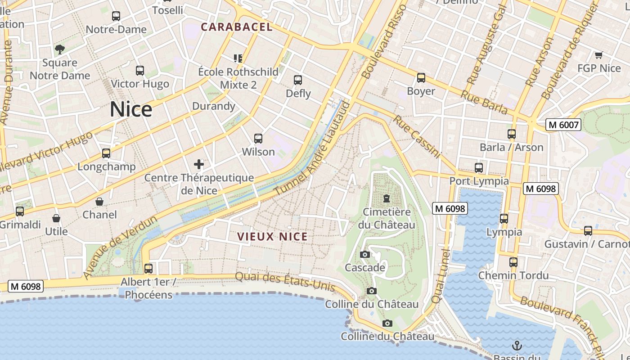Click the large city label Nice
tap(131, 109)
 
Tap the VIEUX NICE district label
tap(272, 237)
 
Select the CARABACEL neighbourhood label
tap(237, 27)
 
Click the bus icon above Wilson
tap(258, 139)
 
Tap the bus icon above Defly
tap(298, 80)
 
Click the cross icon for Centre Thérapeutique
tap(199, 164)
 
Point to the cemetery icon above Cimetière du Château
tap(386, 198)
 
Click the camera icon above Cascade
tap(365, 255)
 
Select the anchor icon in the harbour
tap(517, 346)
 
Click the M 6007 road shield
tap(563, 125)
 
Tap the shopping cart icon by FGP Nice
tap(598, 55)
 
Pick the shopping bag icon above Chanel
tap(99, 202)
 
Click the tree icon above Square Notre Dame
tap(59, 49)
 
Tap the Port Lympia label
tap(479, 181)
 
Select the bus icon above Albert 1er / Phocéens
tap(148, 269)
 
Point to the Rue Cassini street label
tap(416, 137)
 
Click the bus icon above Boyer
tap(421, 78)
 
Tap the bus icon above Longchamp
tap(106, 153)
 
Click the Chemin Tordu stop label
tap(513, 275)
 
